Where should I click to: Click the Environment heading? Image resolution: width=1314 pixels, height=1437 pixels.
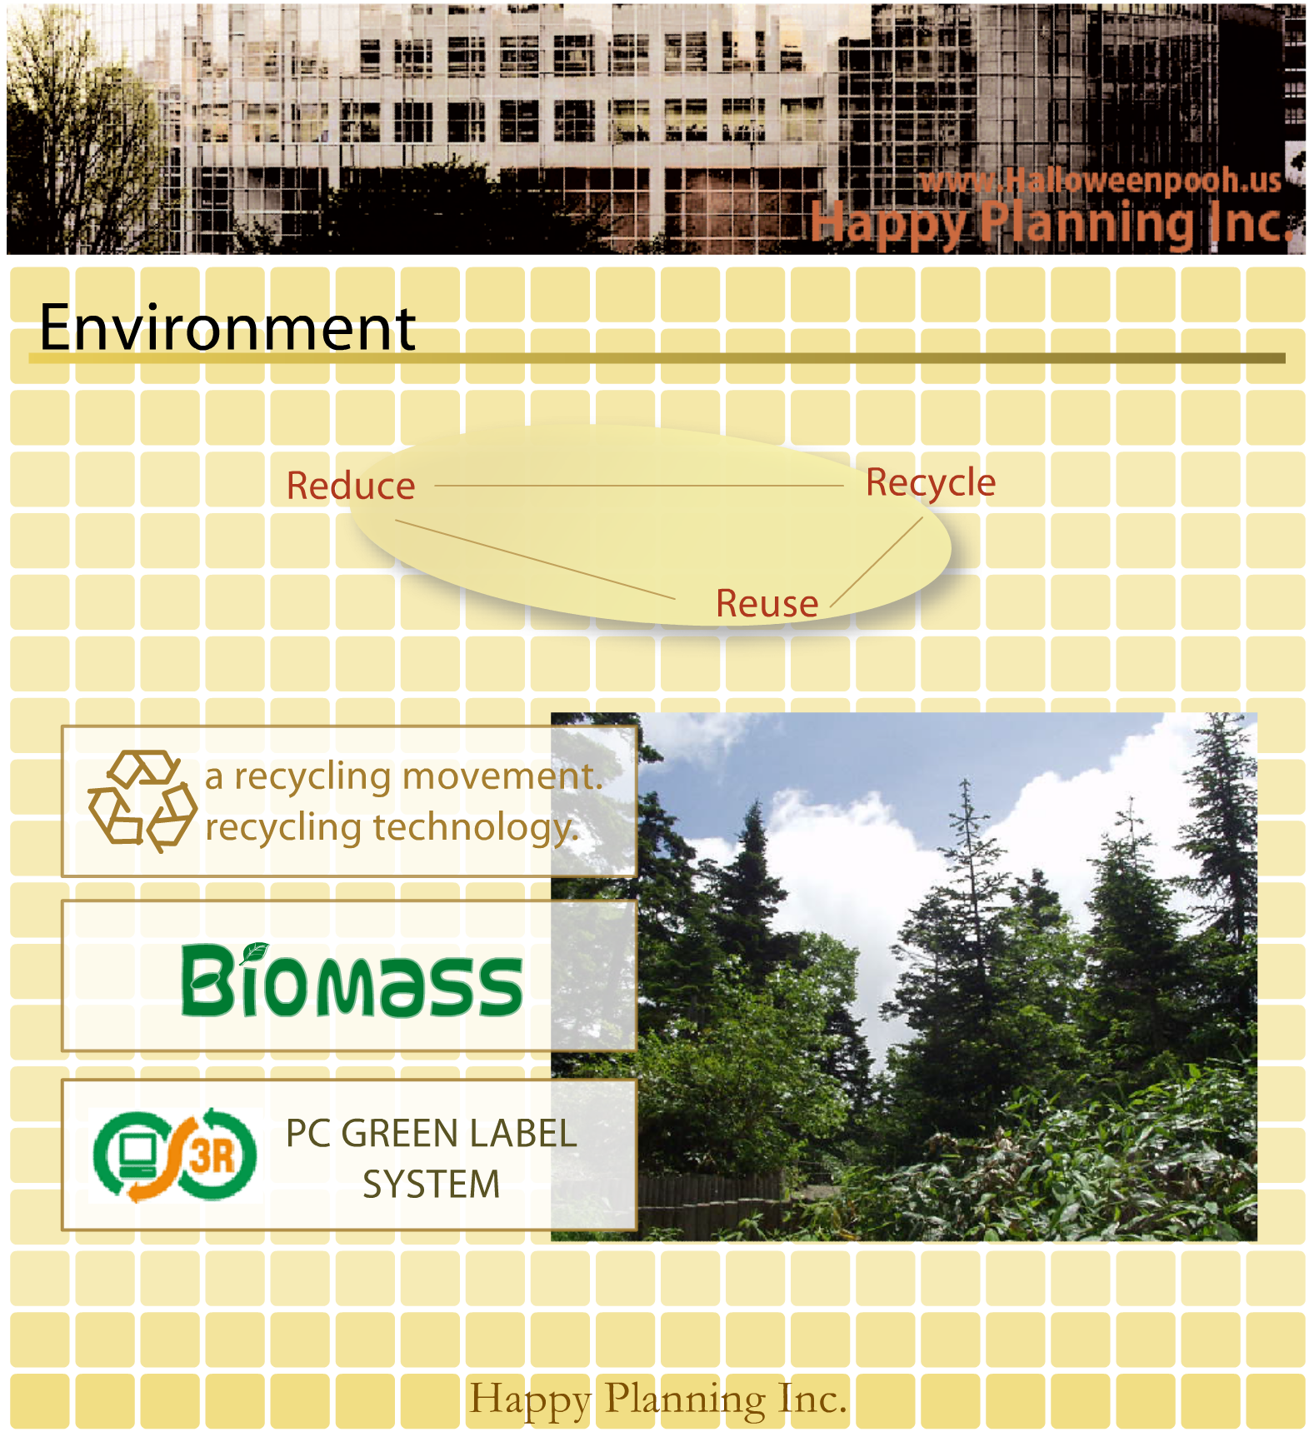pos(227,327)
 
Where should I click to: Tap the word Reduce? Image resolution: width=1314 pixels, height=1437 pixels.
pos(351,486)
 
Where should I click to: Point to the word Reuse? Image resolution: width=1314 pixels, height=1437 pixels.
pos(767,603)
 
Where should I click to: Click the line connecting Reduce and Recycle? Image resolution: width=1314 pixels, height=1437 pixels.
pos(639,486)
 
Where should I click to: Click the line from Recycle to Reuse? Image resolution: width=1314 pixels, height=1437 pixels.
pos(877,562)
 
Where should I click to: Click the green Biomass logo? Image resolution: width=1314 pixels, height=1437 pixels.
pos(352,980)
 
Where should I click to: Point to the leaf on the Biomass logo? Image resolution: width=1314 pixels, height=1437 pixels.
pos(254,952)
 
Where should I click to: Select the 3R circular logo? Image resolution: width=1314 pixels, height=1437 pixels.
pos(175,1155)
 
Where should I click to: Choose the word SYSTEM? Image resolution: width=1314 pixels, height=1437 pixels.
pos(432,1185)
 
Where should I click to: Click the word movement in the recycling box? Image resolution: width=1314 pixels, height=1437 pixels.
pos(502,776)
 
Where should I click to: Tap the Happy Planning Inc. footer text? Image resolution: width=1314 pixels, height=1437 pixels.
pos(658,1400)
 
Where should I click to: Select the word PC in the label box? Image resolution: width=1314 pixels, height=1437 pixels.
pos(308,1134)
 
